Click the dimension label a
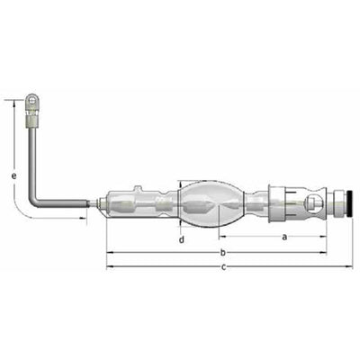[x=284, y=237]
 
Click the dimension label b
[x=222, y=253]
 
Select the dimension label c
[x=223, y=266]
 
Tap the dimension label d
[x=182, y=239]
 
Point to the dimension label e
[x=13, y=175]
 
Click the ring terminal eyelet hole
[x=31, y=98]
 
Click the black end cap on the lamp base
[x=349, y=203]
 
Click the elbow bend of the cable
[x=33, y=200]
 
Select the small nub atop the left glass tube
[x=138, y=189]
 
